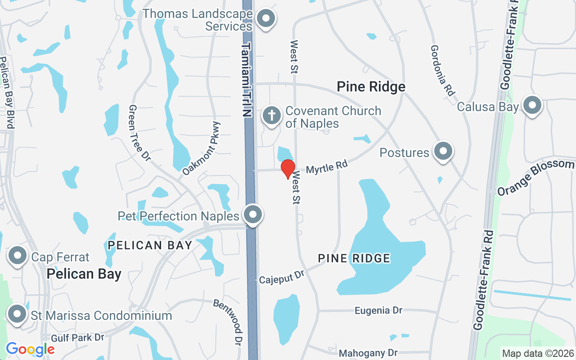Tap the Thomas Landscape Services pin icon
[266, 19]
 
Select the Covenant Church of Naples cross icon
[272, 116]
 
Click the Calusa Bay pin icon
[532, 106]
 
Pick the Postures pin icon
[443, 151]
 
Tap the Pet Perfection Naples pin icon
[253, 215]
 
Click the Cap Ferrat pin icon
[18, 256]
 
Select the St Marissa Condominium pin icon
[17, 314]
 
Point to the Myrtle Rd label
[327, 167]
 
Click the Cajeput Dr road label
[282, 277]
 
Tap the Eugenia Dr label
[378, 310]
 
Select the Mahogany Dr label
[368, 353]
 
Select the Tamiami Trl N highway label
[247, 80]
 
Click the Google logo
[30, 349]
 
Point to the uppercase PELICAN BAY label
[150, 245]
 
